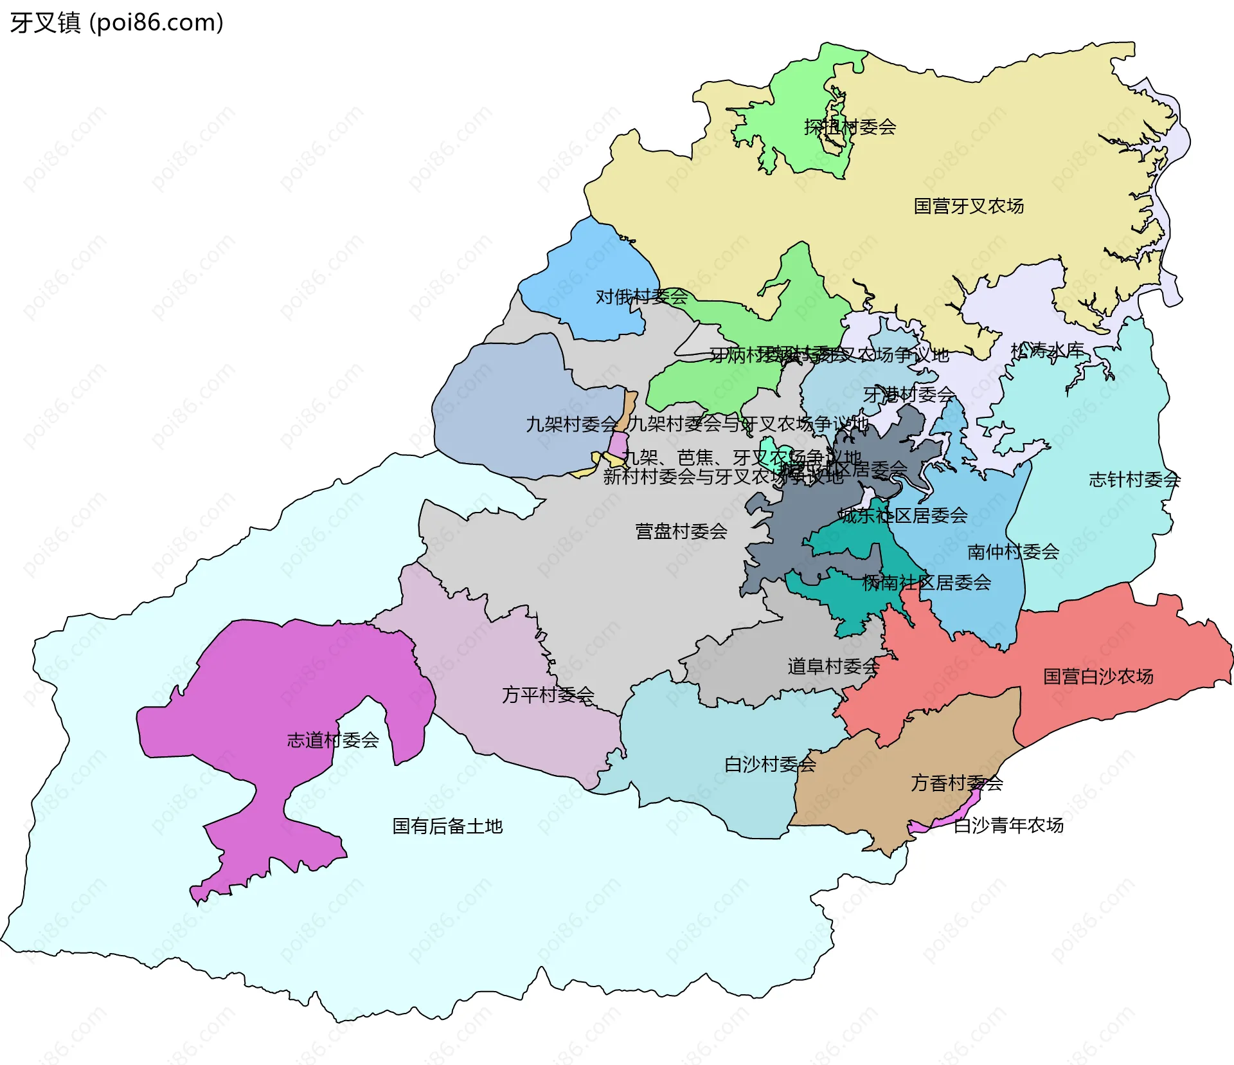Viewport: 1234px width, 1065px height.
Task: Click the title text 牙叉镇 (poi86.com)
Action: coord(116,23)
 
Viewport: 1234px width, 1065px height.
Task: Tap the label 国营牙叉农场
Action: coord(969,206)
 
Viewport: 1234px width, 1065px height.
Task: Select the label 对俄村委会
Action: coord(641,296)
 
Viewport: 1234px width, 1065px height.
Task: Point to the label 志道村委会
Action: coord(332,740)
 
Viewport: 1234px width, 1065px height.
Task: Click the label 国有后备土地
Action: coord(447,826)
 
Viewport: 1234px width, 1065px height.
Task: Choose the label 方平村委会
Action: coord(548,695)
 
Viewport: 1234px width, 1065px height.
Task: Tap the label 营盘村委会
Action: coord(681,531)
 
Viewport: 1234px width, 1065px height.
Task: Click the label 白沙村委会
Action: coord(770,765)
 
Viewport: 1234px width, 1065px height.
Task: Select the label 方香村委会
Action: coord(956,783)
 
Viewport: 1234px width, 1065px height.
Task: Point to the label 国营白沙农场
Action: coord(1098,677)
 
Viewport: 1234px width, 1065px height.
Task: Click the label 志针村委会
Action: coord(1134,480)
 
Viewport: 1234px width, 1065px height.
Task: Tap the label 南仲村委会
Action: coord(1013,552)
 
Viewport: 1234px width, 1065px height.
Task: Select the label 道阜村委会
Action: coord(833,666)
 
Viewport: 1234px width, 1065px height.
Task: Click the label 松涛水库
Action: coord(1047,350)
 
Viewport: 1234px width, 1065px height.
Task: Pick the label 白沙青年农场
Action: coord(1008,825)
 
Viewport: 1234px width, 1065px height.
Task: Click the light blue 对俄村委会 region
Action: coord(591,270)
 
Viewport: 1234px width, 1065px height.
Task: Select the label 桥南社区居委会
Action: coord(926,583)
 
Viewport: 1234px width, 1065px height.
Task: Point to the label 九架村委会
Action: coord(571,424)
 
